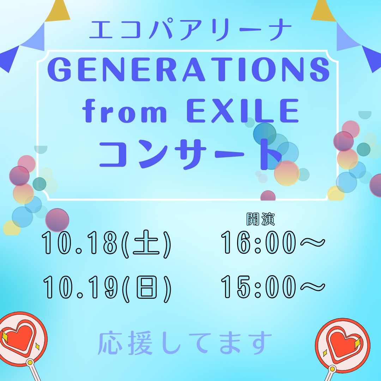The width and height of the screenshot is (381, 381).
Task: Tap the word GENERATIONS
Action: point(189,69)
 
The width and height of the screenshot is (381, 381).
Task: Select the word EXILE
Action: point(243,111)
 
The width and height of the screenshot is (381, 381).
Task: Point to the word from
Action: point(125,111)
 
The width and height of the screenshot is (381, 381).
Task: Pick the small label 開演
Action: point(260,219)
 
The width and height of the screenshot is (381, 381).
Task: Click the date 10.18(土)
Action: point(106,244)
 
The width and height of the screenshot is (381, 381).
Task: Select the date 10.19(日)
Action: point(107,289)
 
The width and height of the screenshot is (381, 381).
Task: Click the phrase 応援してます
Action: point(185,343)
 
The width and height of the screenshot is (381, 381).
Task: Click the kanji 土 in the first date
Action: point(146,244)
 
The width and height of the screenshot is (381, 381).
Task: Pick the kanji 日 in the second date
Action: point(147,289)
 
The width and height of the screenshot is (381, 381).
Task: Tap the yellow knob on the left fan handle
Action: point(30,363)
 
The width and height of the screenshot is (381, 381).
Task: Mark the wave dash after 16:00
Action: point(313,242)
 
